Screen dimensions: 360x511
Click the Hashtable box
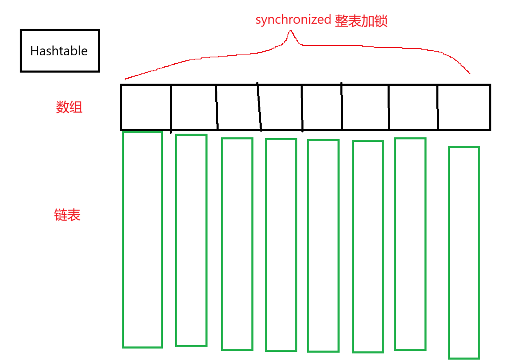(x=59, y=51)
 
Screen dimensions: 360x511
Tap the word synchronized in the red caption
(x=293, y=20)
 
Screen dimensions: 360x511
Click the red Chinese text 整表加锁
(x=361, y=21)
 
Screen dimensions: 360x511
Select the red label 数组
(x=69, y=107)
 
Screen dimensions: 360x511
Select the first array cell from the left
(x=146, y=107)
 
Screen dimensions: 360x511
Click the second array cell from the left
(x=194, y=107)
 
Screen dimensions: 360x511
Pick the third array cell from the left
(x=238, y=107)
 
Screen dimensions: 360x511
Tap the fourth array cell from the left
(x=281, y=107)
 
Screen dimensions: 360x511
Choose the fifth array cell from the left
(x=322, y=107)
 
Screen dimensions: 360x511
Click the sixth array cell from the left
(x=365, y=107)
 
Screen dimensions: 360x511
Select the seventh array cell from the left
(x=413, y=107)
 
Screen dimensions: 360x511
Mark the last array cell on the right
(x=464, y=107)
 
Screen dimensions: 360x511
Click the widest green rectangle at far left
(x=142, y=240)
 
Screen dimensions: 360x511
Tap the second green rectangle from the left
(x=191, y=240)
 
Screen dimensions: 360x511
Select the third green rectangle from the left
(x=237, y=244)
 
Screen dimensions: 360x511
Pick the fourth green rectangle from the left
(x=281, y=245)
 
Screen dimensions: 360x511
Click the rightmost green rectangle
(x=464, y=253)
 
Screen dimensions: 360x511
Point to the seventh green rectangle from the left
(x=410, y=244)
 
